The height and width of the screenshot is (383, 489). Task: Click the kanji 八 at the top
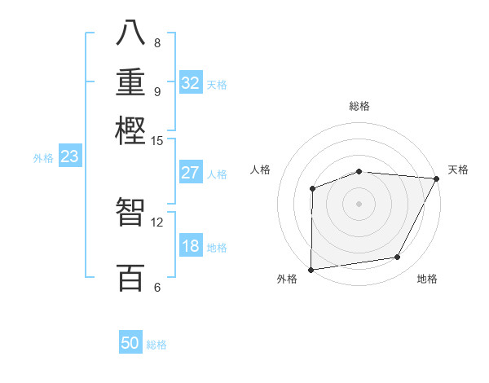pos(130,33)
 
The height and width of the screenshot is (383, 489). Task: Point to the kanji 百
pos(130,277)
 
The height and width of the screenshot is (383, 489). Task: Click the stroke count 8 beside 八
pos(157,42)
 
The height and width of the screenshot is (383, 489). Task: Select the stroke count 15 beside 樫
pos(157,140)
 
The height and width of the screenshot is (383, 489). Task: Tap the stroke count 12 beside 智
pos(157,222)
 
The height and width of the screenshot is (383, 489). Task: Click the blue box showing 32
pos(191,82)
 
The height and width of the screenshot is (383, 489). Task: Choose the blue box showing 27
pos(191,172)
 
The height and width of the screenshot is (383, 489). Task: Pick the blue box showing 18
pos(191,246)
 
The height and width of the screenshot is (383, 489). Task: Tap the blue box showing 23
pos(69,157)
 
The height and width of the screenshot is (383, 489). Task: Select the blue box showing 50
pos(130,343)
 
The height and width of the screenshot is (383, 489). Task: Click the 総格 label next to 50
pos(156,345)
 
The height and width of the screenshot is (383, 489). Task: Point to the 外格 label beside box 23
pos(42,158)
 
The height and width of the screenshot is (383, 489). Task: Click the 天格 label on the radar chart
pos(458,169)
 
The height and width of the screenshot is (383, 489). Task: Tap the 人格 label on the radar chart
pos(261,169)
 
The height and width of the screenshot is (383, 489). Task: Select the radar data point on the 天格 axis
pos(437,178)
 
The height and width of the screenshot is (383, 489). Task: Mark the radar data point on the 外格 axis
pos(311,270)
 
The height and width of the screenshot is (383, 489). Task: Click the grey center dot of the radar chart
pos(359,203)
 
